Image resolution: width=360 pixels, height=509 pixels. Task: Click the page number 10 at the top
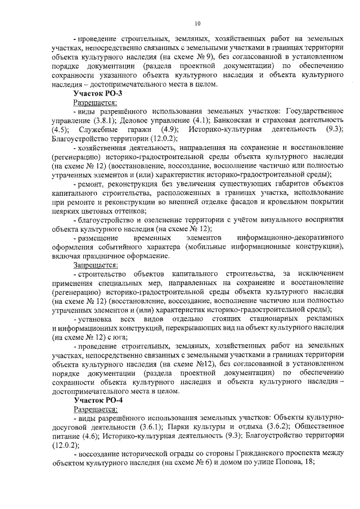coord(197,23)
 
